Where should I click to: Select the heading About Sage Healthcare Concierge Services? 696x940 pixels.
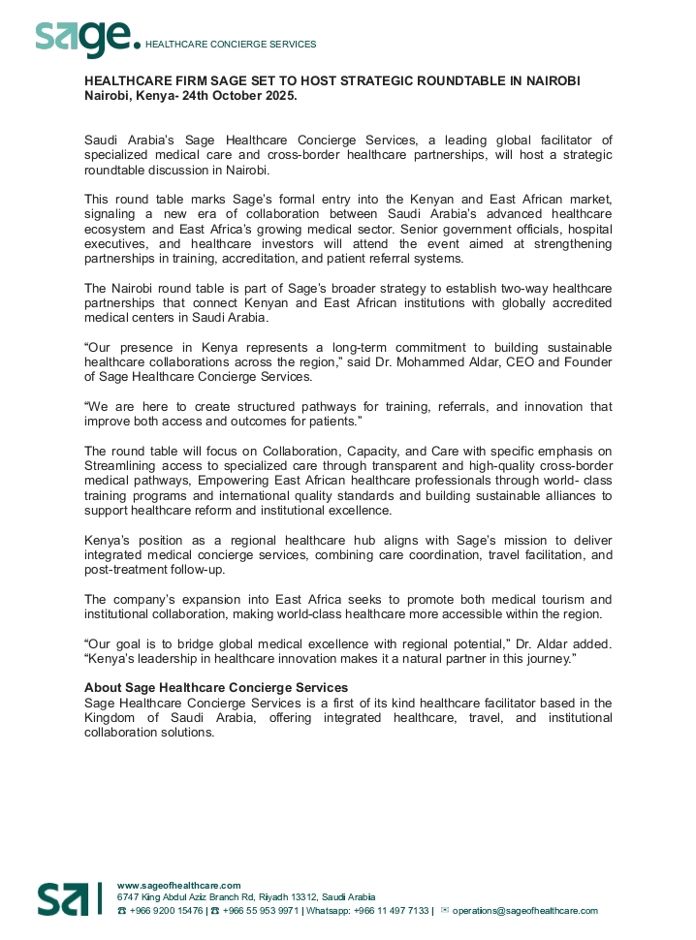[216, 688]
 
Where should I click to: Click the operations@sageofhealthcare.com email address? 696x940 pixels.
[525, 911]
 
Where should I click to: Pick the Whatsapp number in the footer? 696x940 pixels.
[391, 911]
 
